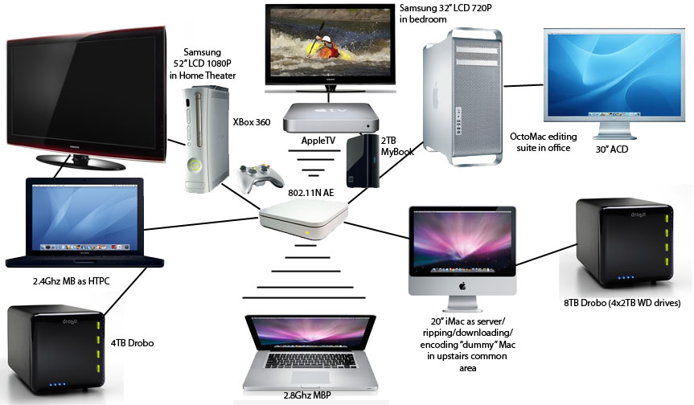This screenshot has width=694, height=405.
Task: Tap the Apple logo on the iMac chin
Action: coord(462,285)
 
